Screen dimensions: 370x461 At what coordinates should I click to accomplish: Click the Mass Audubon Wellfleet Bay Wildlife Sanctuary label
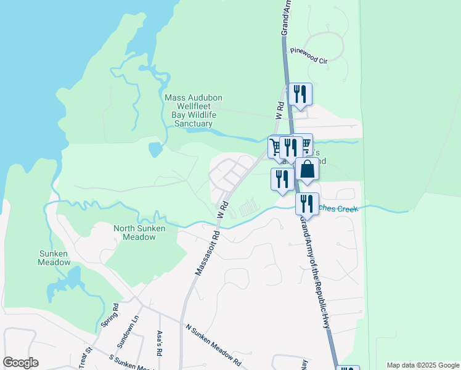(194, 111)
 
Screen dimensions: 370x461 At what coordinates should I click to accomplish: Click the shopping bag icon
(307, 170)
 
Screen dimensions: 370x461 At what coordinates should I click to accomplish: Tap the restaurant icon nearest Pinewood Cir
(300, 94)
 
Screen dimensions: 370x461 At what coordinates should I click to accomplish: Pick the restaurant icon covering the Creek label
(306, 204)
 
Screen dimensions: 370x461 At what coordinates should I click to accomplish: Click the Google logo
(20, 363)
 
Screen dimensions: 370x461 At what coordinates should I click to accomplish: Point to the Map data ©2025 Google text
(422, 365)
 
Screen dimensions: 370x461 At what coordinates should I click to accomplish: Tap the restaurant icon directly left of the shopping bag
(282, 179)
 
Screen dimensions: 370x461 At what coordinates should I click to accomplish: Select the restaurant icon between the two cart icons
(290, 147)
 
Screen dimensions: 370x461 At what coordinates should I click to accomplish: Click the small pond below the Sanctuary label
(155, 149)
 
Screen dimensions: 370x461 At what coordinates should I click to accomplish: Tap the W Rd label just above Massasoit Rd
(223, 208)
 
